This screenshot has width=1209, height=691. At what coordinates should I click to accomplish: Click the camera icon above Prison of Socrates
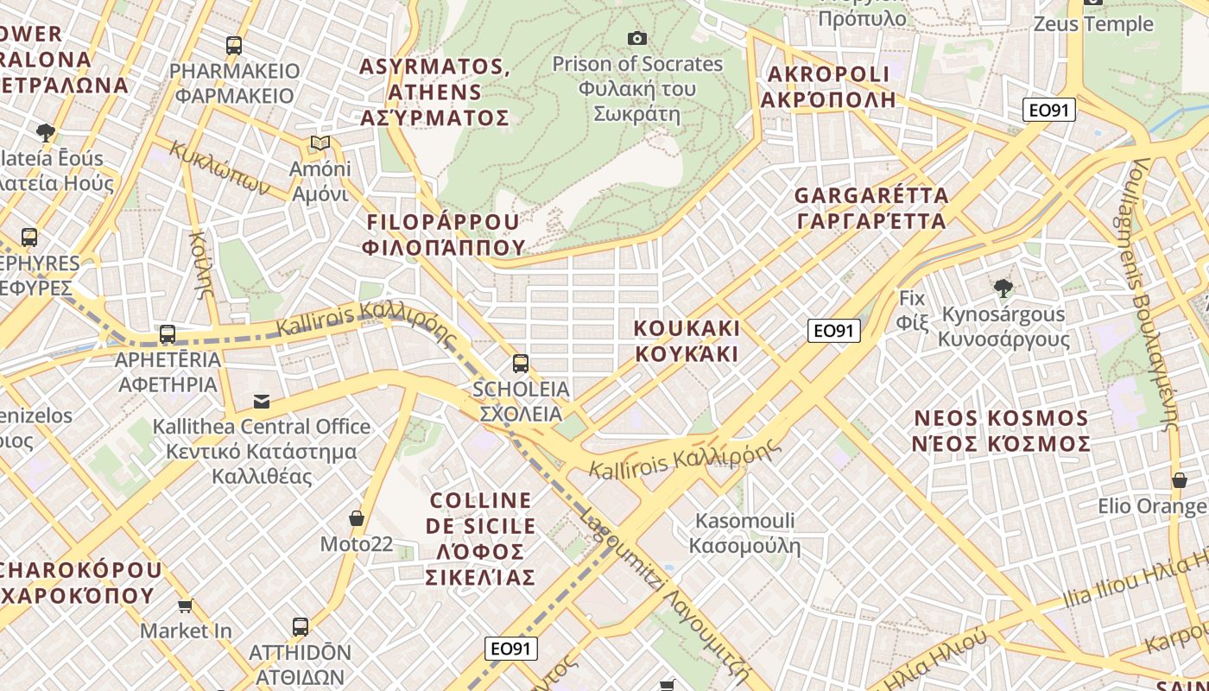click(x=636, y=38)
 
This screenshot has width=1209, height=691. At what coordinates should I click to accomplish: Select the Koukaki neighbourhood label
click(x=687, y=341)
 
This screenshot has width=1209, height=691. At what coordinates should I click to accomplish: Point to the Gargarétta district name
click(x=870, y=208)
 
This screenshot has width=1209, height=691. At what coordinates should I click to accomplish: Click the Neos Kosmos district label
click(x=1002, y=431)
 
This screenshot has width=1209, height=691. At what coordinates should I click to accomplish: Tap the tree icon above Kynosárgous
click(x=1003, y=288)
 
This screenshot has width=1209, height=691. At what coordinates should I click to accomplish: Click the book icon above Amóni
click(x=320, y=143)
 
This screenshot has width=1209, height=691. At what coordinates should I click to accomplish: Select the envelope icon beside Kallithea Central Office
click(x=261, y=401)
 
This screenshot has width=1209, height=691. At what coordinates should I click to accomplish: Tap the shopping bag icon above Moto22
click(x=356, y=518)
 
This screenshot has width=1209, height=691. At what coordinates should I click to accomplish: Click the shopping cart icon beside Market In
click(x=185, y=605)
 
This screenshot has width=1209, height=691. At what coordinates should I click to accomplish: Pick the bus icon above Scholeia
click(x=520, y=363)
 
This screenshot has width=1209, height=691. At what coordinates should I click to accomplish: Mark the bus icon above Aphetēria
click(x=168, y=333)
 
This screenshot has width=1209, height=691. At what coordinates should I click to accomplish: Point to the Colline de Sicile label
click(x=481, y=539)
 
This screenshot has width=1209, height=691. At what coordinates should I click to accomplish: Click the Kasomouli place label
click(x=744, y=533)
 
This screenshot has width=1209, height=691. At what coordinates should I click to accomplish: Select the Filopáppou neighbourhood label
click(x=445, y=234)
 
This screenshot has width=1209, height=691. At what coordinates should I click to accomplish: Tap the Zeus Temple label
click(x=1093, y=23)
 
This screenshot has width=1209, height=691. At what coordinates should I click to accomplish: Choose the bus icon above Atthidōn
click(x=301, y=626)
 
